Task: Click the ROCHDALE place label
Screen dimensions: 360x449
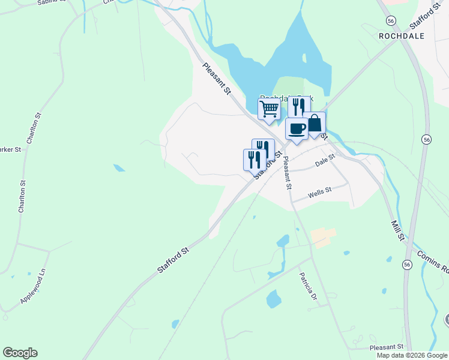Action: [402, 36]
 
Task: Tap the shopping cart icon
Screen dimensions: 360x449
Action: [270, 109]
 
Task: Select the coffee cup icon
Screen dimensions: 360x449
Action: [297, 128]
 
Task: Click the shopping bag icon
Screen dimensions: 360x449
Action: [314, 123]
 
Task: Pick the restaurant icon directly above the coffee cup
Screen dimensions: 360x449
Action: [297, 107]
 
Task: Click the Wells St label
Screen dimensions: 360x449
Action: [319, 193]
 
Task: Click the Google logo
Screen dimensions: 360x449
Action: [20, 353]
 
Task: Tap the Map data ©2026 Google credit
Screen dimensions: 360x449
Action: [412, 355]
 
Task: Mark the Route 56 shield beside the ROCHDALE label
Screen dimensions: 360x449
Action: [391, 20]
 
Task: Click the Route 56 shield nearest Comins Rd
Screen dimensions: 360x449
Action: [408, 265]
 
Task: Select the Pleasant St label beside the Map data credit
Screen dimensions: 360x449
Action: [386, 347]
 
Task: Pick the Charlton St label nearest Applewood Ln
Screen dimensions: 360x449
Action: [23, 196]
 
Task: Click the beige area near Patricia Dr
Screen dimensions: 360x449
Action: [323, 237]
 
